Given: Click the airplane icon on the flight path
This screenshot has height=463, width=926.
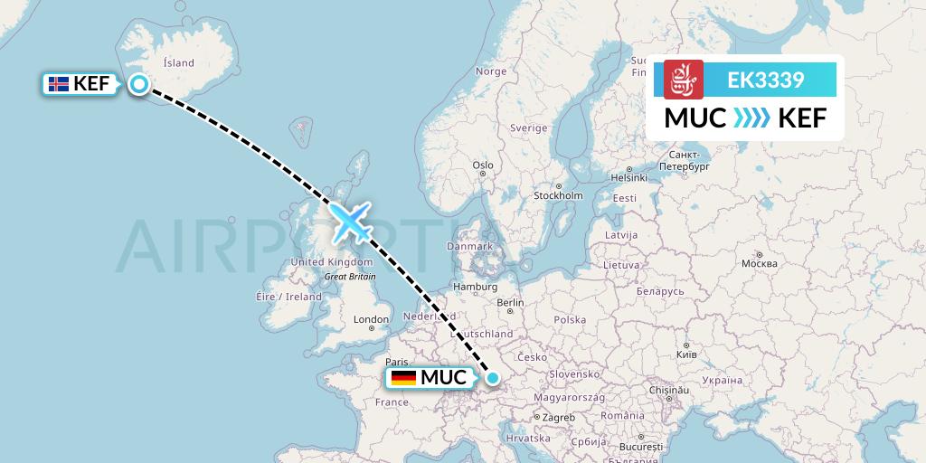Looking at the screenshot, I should pos(350,222).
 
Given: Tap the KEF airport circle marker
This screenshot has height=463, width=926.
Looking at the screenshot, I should pos(139,84).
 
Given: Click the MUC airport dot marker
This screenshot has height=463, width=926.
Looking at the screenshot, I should pos(493,378).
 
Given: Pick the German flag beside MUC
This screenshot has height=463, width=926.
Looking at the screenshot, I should pos(403,378).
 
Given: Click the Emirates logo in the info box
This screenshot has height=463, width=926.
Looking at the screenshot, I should pos(684,80).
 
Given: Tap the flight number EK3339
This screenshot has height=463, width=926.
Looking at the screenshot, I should pos(766,80).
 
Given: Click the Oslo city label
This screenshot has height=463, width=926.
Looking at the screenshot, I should pos(483,165).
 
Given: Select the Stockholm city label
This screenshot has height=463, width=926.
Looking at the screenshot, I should pos(558,195).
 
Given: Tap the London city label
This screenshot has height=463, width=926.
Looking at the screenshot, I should pos(371,319).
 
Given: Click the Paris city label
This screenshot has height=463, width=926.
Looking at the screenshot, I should pos(397,361).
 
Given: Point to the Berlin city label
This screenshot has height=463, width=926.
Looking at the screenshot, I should pos(510,303).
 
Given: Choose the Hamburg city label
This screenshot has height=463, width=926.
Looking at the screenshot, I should pos(477,287).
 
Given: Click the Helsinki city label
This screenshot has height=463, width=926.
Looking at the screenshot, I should pos(628,177).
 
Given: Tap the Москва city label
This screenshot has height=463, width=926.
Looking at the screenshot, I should pos(759,263).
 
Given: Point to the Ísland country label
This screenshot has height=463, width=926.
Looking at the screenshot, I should pos(178,63).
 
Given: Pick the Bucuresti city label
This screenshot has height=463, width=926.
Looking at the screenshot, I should pos(641,447).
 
